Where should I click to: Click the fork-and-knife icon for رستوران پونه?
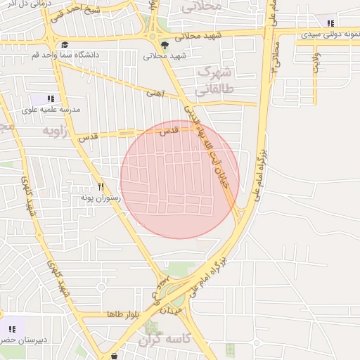[101, 187]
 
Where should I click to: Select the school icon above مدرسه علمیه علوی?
[50, 99]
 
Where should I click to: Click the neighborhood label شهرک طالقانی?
[213, 81]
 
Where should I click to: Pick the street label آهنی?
[154, 92]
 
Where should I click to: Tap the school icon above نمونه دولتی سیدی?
[330, 23]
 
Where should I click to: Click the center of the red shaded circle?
[180, 179]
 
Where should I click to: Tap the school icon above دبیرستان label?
[12, 328]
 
